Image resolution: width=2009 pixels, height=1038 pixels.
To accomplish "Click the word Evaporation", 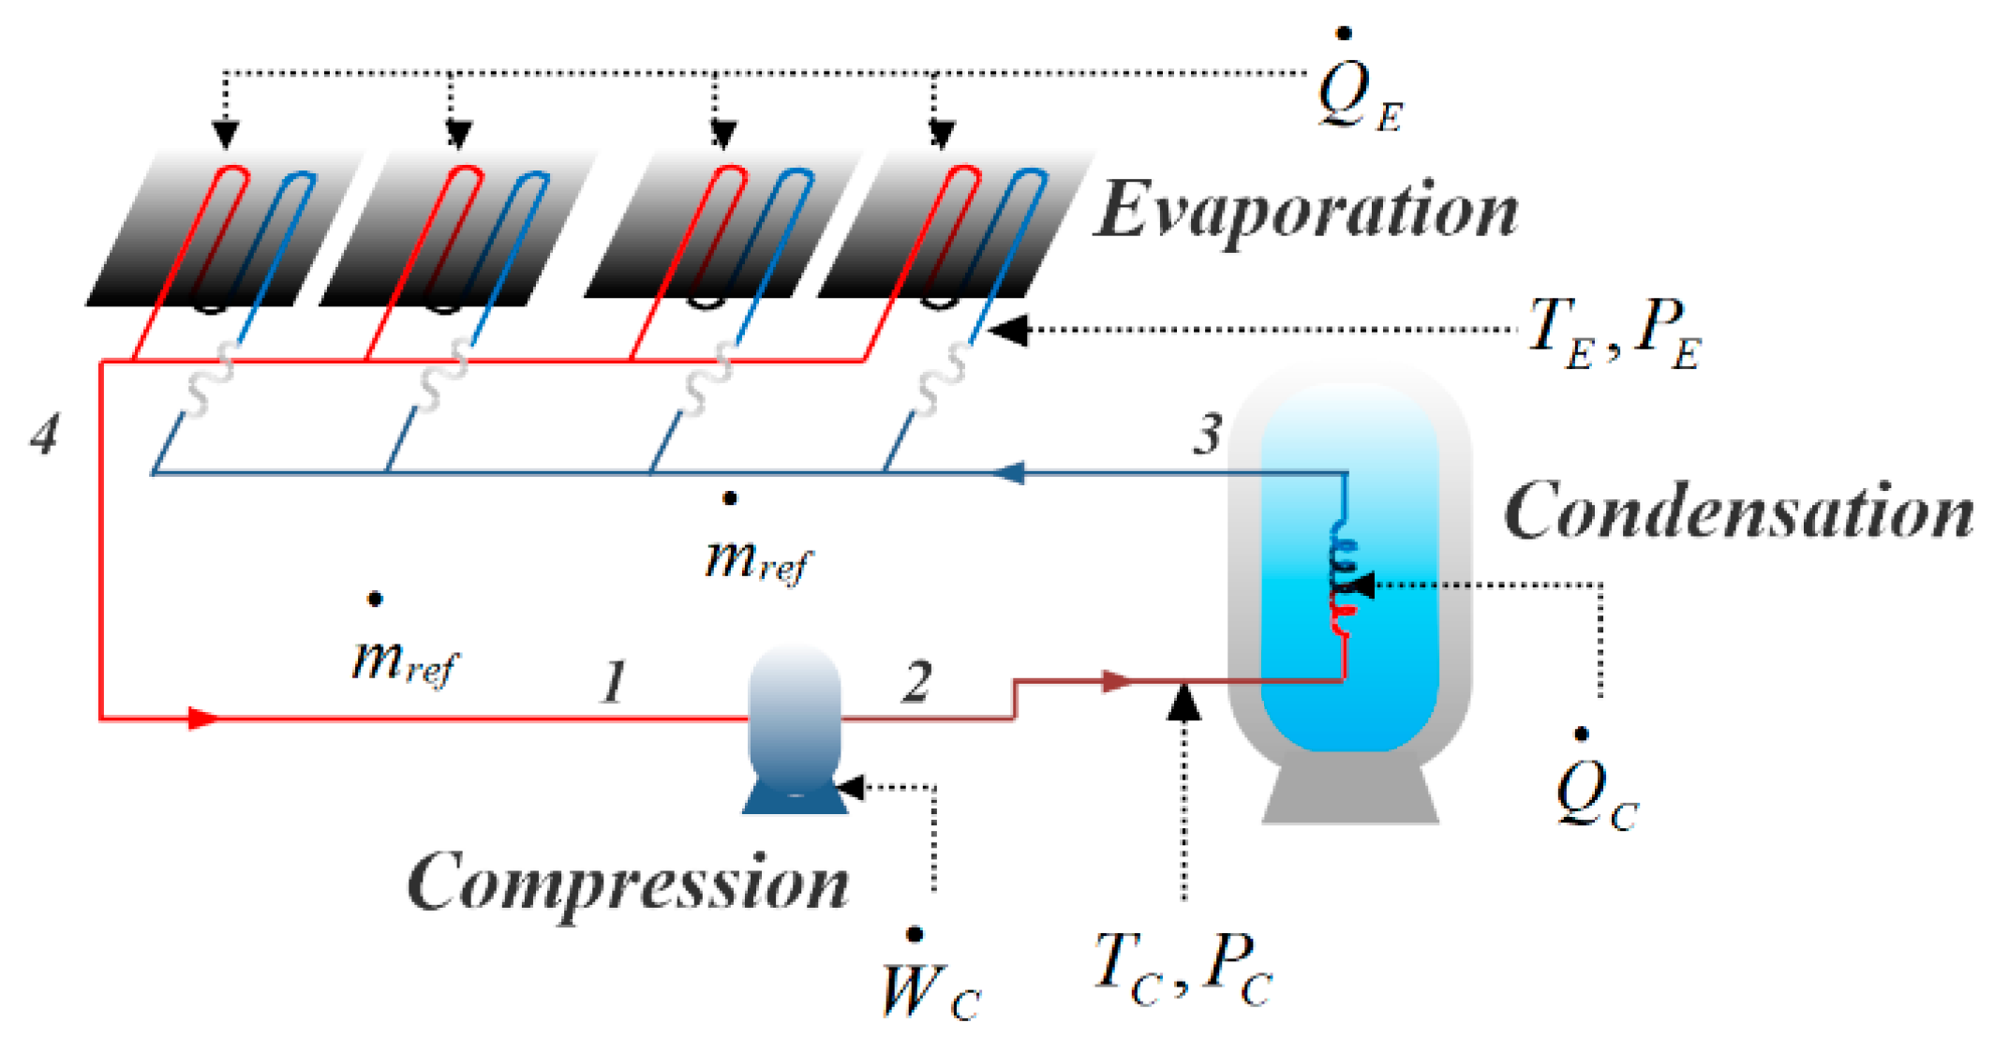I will click(1306, 212).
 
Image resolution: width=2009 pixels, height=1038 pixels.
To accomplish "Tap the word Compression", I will click(628, 882).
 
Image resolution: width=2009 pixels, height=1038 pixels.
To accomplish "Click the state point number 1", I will click(614, 681).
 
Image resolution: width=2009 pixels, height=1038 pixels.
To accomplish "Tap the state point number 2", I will click(917, 681).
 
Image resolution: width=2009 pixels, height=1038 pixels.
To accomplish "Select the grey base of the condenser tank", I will click(1349, 796).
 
